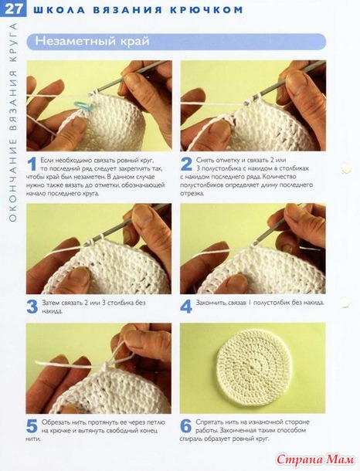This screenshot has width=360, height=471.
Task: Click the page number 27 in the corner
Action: pyautogui.click(x=14, y=9)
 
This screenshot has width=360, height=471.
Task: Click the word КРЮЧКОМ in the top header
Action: pyautogui.click(x=206, y=10)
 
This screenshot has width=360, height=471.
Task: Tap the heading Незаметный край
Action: pyautogui.click(x=92, y=41)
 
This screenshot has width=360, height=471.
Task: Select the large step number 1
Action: pyautogui.click(x=32, y=164)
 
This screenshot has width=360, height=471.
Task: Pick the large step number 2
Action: pyautogui.click(x=186, y=164)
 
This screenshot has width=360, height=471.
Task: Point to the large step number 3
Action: pyautogui.click(x=32, y=307)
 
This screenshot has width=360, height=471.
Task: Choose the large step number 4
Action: pyautogui.click(x=186, y=307)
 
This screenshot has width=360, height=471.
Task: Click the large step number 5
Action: pyautogui.click(x=32, y=426)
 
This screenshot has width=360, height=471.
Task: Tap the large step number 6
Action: pyautogui.click(x=186, y=426)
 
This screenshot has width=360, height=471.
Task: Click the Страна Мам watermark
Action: pyautogui.click(x=315, y=459)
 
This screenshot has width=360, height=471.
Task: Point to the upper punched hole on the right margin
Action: pyautogui.click(x=346, y=168)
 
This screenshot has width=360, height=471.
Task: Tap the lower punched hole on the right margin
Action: pyautogui.click(x=345, y=303)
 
